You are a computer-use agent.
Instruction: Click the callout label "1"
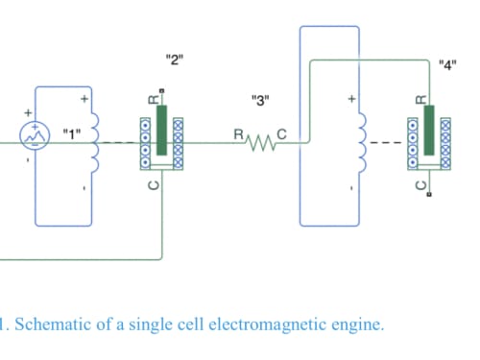(72, 134)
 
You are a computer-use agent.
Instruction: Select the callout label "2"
(175, 60)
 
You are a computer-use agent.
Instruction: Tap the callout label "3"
(260, 101)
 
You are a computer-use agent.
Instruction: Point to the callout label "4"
(447, 65)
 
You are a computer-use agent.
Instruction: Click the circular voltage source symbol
(35, 135)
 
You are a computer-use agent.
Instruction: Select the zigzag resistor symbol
(261, 143)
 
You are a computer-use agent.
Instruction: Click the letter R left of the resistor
(239, 134)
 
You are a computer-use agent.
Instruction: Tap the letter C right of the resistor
(281, 134)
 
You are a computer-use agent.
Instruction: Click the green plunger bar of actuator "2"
(162, 130)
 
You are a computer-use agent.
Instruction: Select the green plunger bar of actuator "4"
(429, 130)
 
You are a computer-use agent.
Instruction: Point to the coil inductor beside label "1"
(95, 143)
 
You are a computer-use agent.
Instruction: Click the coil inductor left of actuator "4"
(363, 143)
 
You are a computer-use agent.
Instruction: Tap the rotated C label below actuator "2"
(154, 185)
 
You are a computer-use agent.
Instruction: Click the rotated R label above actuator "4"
(421, 100)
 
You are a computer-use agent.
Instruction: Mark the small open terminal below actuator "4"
(429, 194)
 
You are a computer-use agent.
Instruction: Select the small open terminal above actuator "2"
(162, 91)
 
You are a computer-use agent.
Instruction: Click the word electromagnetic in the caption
(269, 325)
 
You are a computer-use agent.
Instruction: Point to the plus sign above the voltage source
(28, 112)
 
